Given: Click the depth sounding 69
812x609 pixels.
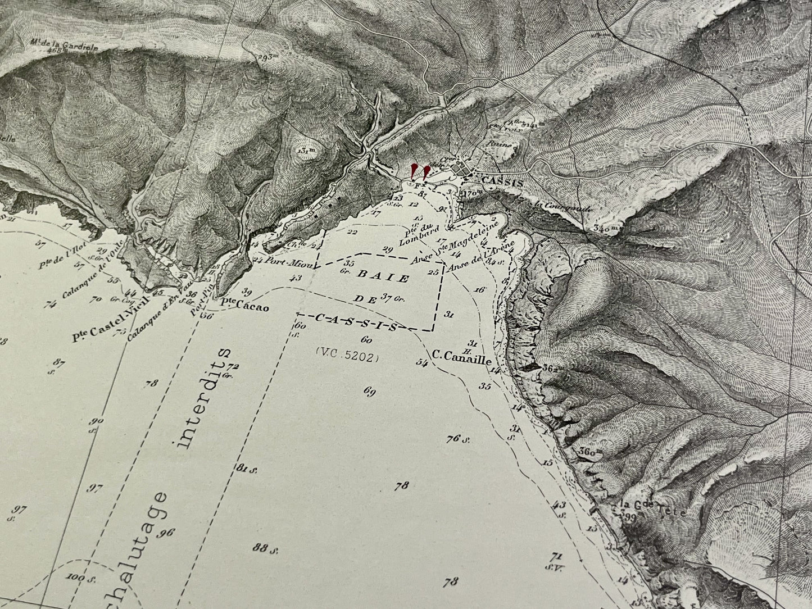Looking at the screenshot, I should click(369, 392).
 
